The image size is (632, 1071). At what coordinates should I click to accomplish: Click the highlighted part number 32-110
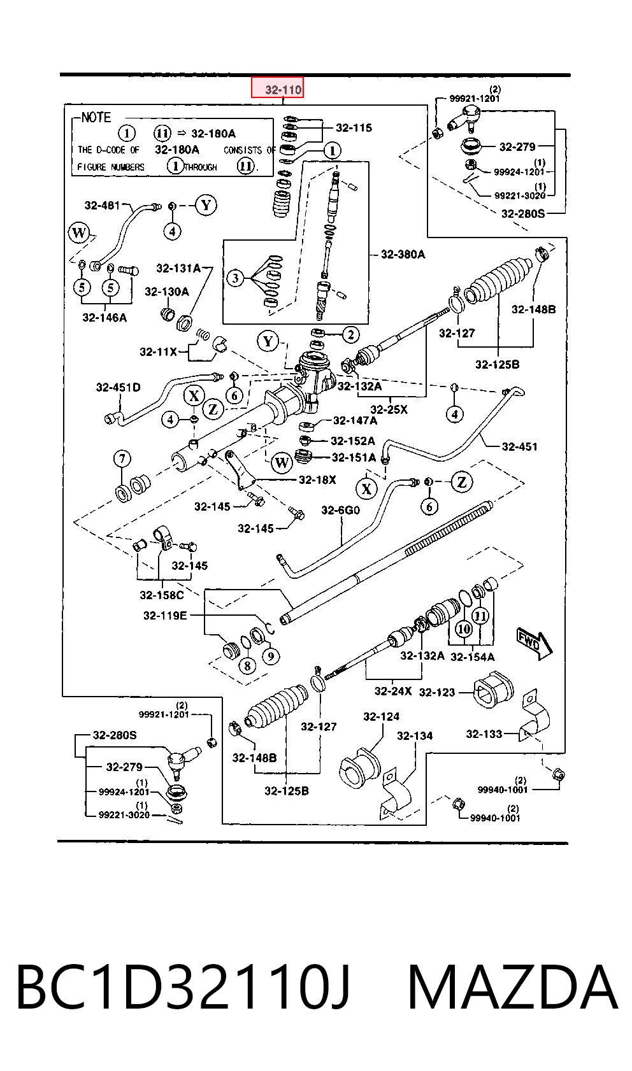(284, 89)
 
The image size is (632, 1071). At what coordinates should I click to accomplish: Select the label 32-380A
(403, 254)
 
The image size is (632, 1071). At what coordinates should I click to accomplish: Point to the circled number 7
(122, 459)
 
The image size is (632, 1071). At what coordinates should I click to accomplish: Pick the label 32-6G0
(341, 510)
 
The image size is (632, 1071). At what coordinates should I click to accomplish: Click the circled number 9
(271, 655)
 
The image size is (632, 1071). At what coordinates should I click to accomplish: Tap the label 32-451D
(118, 387)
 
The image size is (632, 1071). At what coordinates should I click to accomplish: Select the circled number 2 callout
(350, 335)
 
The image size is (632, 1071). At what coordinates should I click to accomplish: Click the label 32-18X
(317, 479)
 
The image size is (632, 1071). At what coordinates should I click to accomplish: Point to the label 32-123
(437, 692)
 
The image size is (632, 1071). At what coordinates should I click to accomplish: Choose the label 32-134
(415, 736)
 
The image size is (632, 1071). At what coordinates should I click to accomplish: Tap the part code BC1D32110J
(183, 988)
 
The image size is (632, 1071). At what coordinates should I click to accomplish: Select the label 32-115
(354, 127)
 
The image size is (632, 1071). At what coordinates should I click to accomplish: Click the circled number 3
(235, 278)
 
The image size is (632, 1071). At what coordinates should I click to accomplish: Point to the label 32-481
(102, 206)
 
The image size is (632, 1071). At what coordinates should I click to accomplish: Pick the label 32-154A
(473, 657)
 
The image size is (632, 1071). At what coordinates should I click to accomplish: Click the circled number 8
(247, 665)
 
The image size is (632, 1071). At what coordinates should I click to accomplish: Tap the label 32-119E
(165, 615)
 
